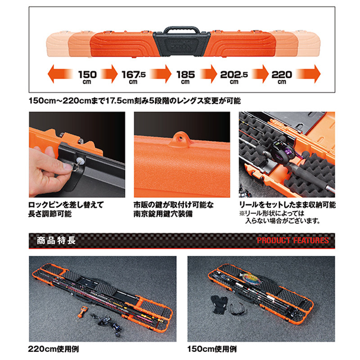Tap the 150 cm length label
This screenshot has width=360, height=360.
87,77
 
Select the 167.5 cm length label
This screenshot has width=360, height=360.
133,77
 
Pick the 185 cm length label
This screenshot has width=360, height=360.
185,77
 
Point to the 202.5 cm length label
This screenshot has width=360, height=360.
234,77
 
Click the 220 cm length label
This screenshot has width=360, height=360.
282,77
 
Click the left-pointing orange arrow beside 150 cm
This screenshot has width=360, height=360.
60,74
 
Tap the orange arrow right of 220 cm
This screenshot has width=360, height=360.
308,74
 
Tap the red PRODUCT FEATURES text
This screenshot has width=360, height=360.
293,240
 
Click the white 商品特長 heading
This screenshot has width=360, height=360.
56,241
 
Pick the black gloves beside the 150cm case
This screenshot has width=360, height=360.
219,304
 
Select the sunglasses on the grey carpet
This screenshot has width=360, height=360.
238,309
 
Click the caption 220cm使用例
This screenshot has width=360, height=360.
54,349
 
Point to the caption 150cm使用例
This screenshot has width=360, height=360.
212,349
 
